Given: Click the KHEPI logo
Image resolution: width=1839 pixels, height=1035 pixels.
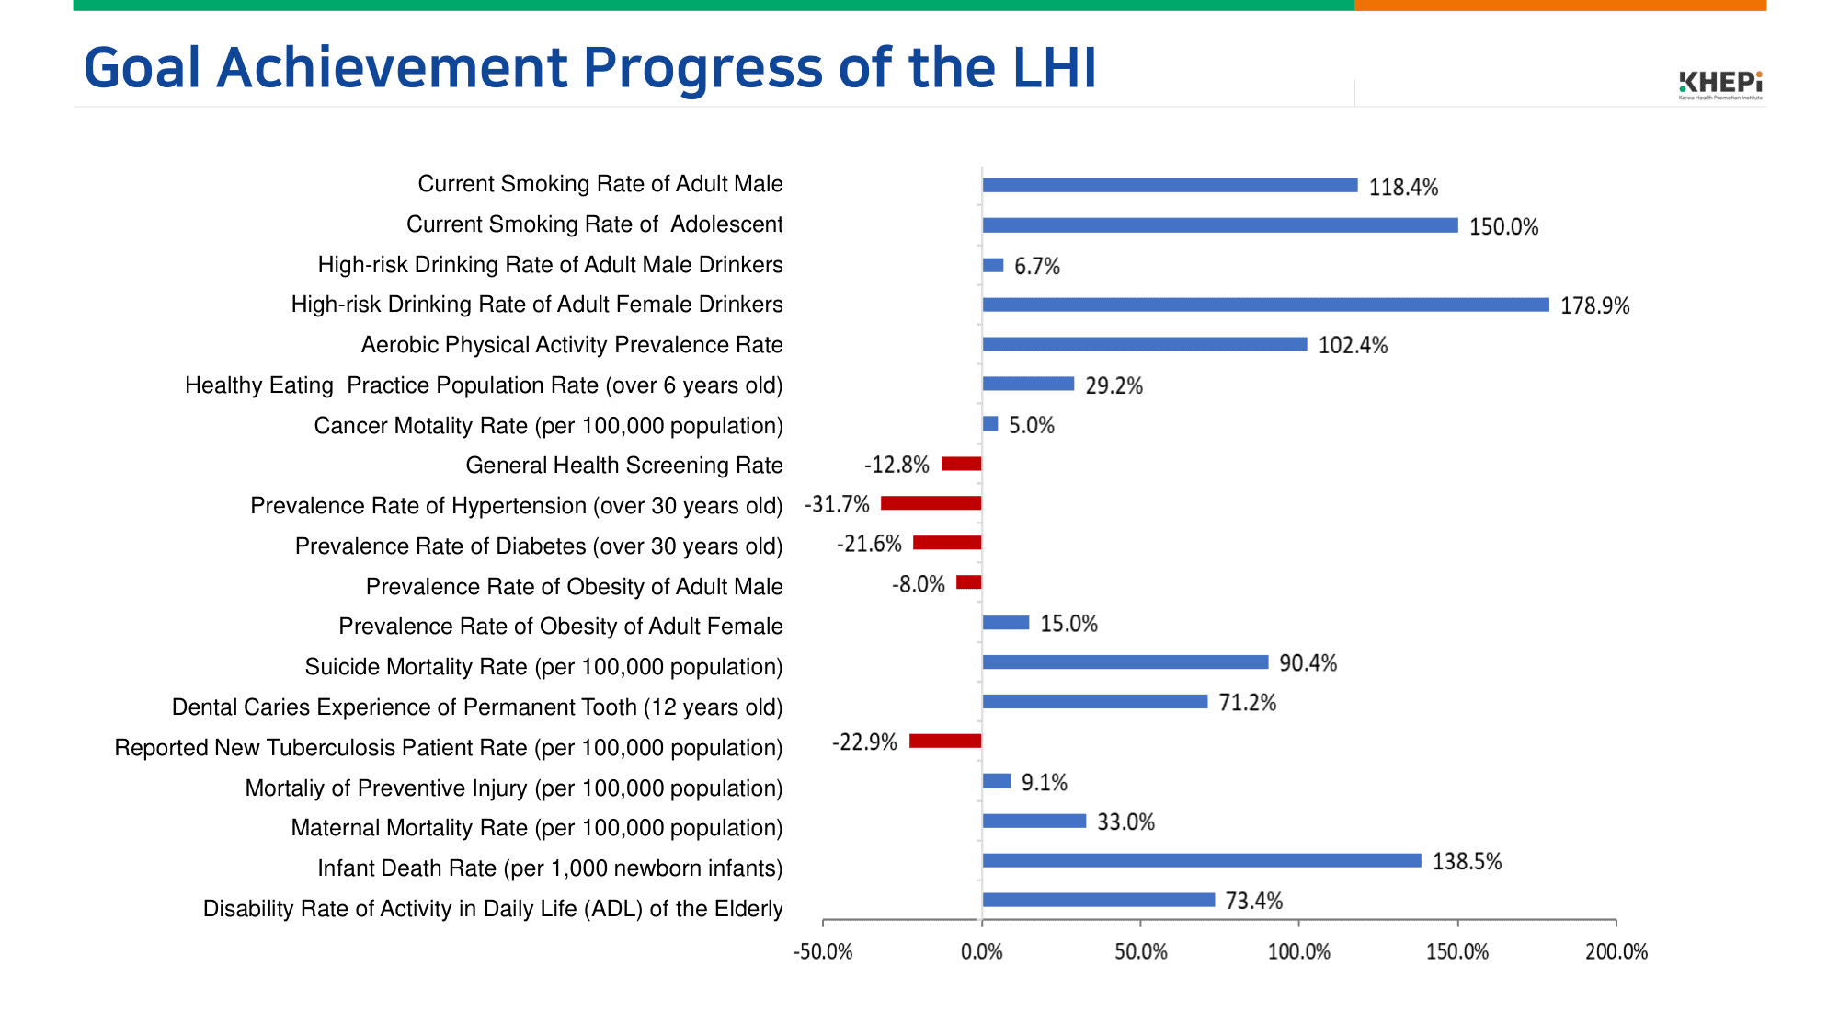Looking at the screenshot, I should coord(1719,84).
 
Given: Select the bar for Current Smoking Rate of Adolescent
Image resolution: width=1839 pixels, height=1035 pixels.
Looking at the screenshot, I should coord(1219,225).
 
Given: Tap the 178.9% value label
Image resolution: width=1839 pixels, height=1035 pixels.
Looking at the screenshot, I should coord(1594,306).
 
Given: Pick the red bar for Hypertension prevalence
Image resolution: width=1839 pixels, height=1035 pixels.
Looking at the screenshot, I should coord(931,503).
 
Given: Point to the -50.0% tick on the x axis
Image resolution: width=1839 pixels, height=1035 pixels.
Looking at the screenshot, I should coord(823,952).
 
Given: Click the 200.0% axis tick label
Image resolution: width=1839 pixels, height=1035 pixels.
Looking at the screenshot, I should coord(1616,952).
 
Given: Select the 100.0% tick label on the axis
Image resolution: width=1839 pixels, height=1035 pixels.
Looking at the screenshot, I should coord(1298,952).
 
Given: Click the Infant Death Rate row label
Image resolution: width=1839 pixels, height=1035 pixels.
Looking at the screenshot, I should coord(550,868).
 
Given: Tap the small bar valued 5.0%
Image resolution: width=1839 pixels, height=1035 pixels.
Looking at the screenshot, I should coord(990,424).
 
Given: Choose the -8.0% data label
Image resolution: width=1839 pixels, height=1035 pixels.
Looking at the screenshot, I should coord(918,585).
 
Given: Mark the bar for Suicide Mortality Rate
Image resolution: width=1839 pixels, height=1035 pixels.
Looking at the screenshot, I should coord(1125,662).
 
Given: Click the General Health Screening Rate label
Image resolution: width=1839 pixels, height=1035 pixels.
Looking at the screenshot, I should coord(623,466).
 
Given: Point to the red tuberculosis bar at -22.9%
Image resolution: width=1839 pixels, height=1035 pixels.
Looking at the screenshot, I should coord(945,742).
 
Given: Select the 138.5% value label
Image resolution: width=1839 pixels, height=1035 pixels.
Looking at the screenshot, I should coord(1467,862).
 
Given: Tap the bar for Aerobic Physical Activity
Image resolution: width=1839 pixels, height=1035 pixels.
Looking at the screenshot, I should coord(1144,344).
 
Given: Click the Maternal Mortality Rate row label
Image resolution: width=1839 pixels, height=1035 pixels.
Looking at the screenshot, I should coord(536,828).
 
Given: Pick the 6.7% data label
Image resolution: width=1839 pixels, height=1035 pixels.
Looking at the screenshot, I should coord(1036,267).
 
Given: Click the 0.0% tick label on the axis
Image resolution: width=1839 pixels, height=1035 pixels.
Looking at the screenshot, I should coord(981,952).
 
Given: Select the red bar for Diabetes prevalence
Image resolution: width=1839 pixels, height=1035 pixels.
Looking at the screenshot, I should coord(947,543).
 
